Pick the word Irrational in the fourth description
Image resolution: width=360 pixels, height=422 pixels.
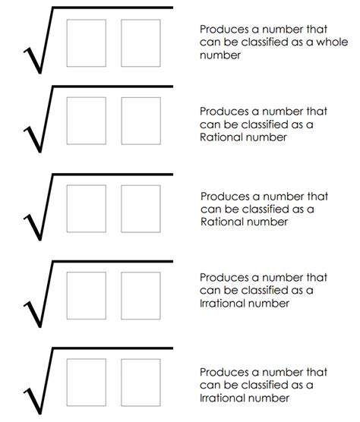pyautogui.click(x=225, y=304)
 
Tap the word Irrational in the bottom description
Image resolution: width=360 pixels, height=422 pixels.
pyautogui.click(x=225, y=398)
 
